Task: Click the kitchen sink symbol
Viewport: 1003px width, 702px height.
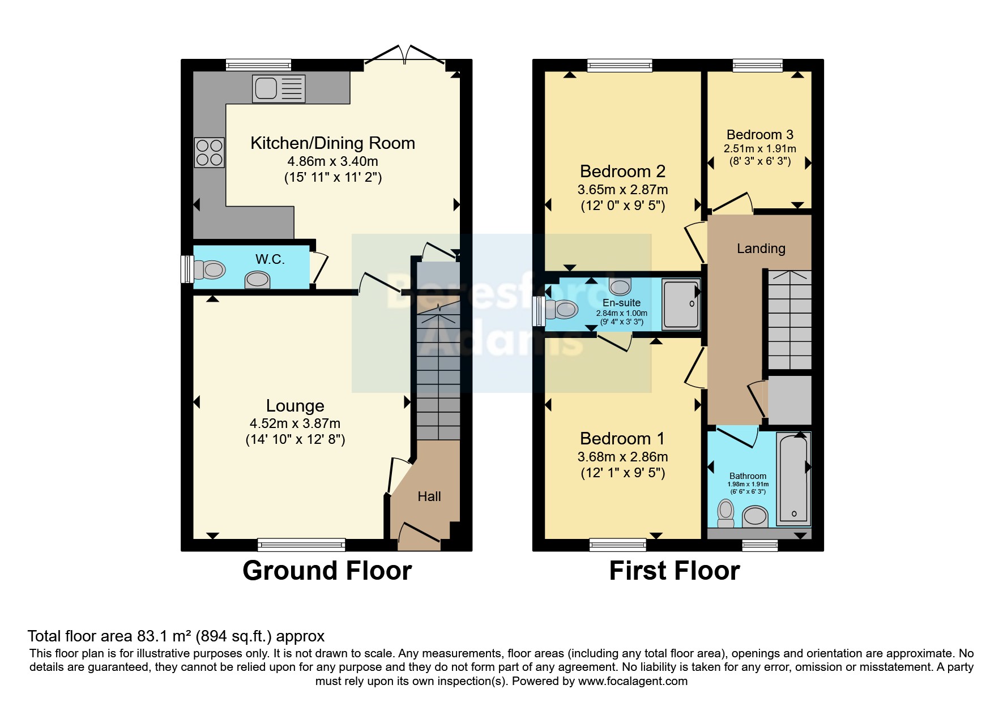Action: (x=279, y=89)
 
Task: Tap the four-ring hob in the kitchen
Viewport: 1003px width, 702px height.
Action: (x=209, y=153)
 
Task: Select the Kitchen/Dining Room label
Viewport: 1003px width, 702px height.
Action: (x=332, y=143)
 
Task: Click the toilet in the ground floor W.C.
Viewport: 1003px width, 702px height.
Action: (x=209, y=269)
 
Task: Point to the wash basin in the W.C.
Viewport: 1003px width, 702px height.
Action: (x=257, y=280)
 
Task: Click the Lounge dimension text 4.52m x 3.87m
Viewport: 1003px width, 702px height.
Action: (x=295, y=423)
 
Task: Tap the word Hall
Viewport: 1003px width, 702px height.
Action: (x=429, y=496)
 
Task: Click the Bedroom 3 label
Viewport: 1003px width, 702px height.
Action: (x=759, y=135)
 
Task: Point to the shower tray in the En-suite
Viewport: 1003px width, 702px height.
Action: (x=681, y=304)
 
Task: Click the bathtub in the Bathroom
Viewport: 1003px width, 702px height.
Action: (x=793, y=479)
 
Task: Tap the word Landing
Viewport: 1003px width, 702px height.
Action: (x=761, y=249)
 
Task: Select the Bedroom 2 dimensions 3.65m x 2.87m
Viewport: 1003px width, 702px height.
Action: (x=622, y=190)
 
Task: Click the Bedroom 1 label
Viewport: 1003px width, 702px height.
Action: (x=622, y=439)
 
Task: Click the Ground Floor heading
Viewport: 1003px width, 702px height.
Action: (x=327, y=571)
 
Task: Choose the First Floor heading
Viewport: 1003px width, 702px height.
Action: (x=674, y=571)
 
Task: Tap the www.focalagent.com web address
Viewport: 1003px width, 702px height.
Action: (x=633, y=681)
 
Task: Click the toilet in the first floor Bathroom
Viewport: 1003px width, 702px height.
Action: (x=725, y=511)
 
